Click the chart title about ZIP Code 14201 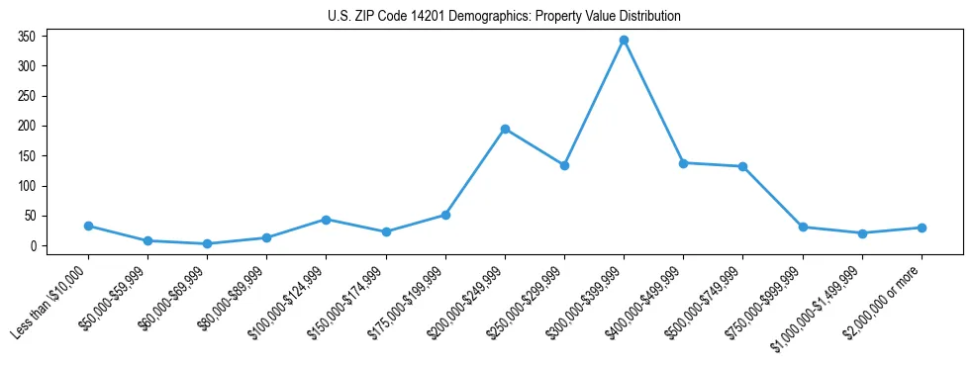(504, 16)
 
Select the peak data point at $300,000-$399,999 (624, 40)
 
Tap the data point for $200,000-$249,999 (505, 129)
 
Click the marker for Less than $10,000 (88, 226)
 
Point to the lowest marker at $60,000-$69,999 (207, 243)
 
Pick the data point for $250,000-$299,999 (564, 165)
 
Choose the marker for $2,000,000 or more (922, 228)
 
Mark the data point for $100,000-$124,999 (326, 220)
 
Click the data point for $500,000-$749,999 (742, 166)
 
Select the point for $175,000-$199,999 (445, 215)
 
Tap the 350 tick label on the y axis (27, 37)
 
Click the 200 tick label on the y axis (27, 126)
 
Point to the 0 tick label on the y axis (33, 246)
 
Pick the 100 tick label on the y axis (27, 186)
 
